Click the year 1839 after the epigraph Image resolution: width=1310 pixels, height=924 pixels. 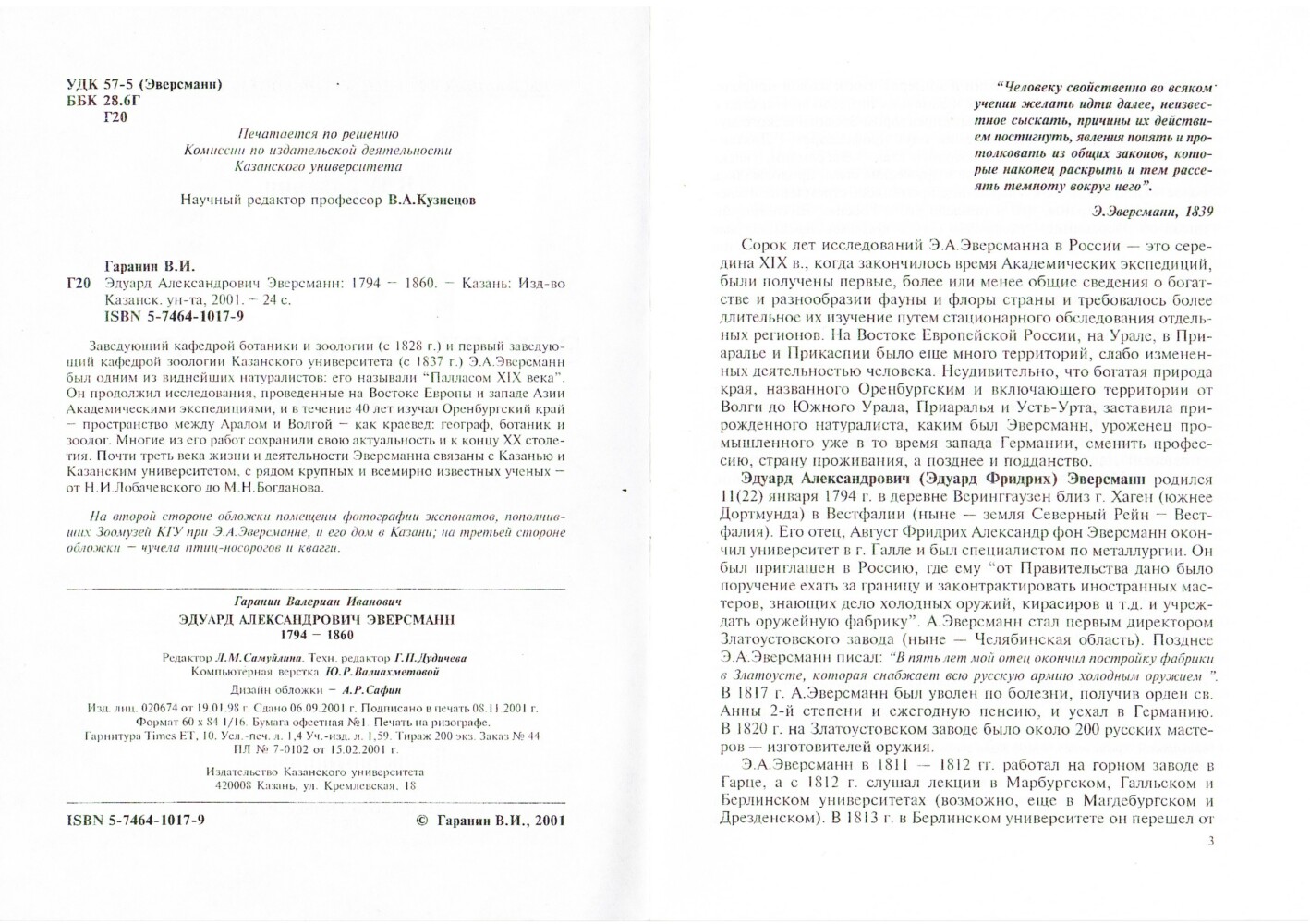click(x=1195, y=211)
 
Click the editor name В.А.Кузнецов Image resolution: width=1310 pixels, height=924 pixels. click(x=431, y=200)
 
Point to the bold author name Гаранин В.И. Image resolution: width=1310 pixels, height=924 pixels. click(x=147, y=263)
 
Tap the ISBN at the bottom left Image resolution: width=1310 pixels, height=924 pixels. click(x=136, y=820)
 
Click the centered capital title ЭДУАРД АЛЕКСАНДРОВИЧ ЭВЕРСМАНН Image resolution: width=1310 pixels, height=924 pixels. click(x=317, y=619)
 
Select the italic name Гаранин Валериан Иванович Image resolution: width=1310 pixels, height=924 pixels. click(x=317, y=602)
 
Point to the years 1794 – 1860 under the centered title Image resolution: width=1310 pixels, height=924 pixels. click(x=317, y=636)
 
